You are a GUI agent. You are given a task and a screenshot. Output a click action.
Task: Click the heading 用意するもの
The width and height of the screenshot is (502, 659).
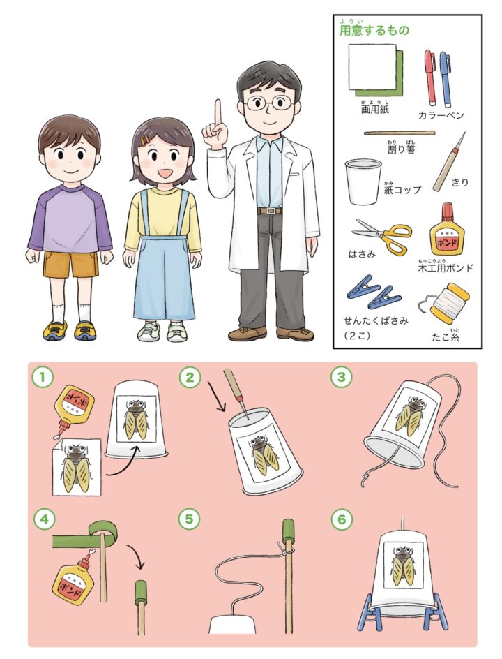click(x=374, y=31)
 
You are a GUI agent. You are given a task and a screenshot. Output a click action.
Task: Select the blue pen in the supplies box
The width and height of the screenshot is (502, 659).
click(x=445, y=79)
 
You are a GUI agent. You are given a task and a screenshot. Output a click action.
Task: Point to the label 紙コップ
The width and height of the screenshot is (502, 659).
click(x=402, y=190)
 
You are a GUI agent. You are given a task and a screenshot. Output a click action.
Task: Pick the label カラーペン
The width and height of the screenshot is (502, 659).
click(x=441, y=114)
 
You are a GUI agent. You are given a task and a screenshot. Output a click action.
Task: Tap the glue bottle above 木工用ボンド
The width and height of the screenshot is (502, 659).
click(x=447, y=230)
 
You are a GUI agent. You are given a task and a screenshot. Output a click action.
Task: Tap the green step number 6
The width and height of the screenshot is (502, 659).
click(x=341, y=519)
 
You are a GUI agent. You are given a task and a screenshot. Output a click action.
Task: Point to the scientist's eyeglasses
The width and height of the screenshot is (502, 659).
click(x=268, y=102)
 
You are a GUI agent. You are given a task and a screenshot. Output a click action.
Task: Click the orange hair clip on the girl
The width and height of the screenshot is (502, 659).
click(x=145, y=140)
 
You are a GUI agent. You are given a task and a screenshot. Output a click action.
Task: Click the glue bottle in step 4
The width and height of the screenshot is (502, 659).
click(x=73, y=572)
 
